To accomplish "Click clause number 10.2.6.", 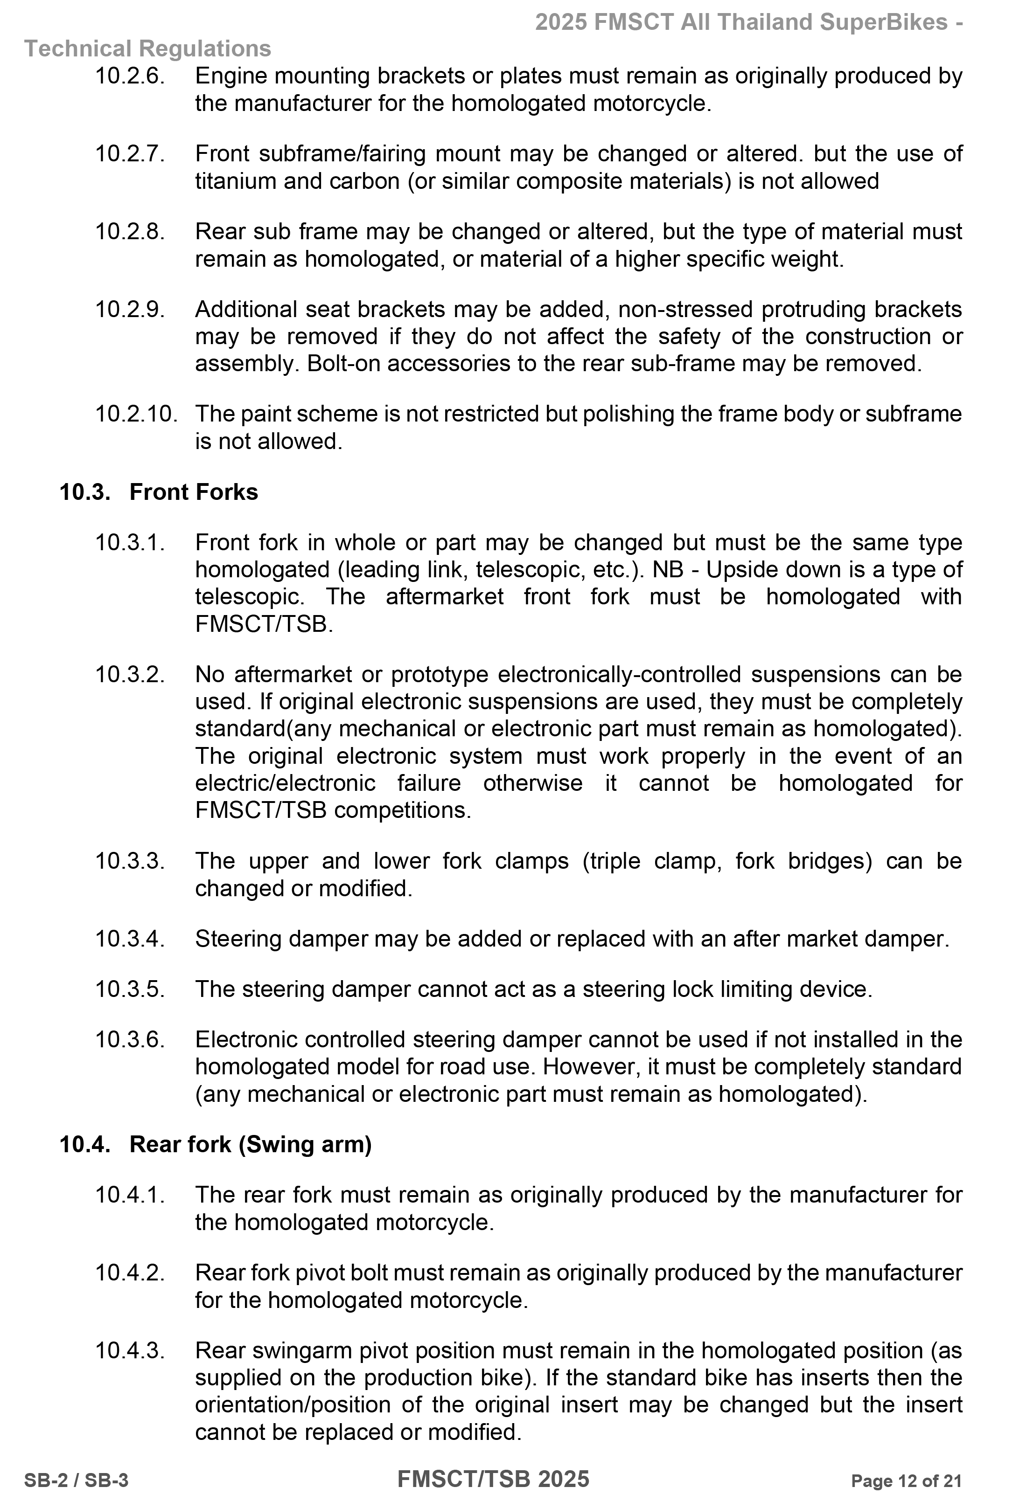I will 130,76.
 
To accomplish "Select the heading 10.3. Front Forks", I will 158,492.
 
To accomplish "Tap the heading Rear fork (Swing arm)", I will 250,1144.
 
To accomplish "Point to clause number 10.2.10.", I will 136,414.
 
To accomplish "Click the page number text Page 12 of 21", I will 906,1481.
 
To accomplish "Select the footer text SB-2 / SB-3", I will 76,1481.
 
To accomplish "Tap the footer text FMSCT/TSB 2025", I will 493,1479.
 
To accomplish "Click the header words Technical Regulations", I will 147,49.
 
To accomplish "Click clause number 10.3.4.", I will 130,939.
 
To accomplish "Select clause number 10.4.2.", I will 130,1273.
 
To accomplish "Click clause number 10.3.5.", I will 130,989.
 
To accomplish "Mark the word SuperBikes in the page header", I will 884,22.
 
